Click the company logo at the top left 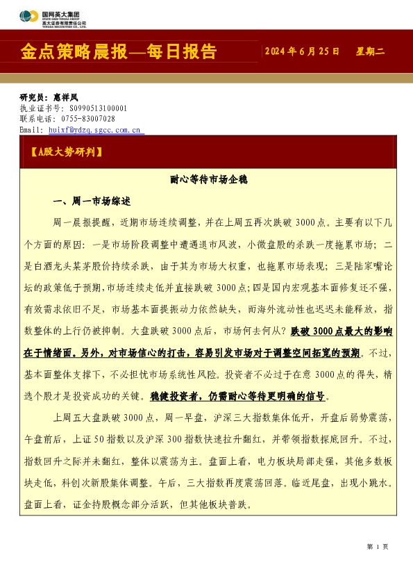click(52, 16)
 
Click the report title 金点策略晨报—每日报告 click(119, 52)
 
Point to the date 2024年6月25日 click(303, 52)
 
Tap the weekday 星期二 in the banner click(370, 52)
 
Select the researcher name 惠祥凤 click(66, 99)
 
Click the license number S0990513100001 click(98, 109)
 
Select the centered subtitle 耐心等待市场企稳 click(208, 180)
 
